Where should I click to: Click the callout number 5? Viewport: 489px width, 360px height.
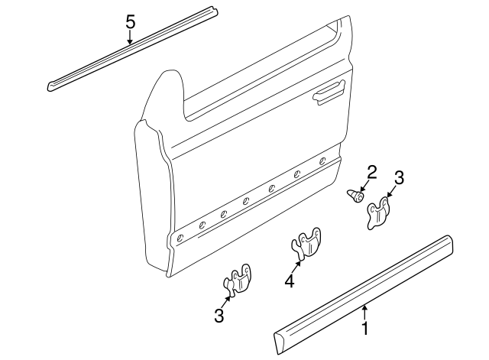point(130,21)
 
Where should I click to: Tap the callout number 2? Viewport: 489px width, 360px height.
point(372,172)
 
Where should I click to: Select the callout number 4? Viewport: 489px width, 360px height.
point(289,282)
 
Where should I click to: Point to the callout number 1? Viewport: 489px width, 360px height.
point(365,329)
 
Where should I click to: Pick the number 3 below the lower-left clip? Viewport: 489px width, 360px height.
point(219,316)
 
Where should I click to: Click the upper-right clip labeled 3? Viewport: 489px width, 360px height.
point(378,213)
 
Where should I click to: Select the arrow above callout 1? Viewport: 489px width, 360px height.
point(365,312)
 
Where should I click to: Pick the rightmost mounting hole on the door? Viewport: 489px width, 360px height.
point(323,161)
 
